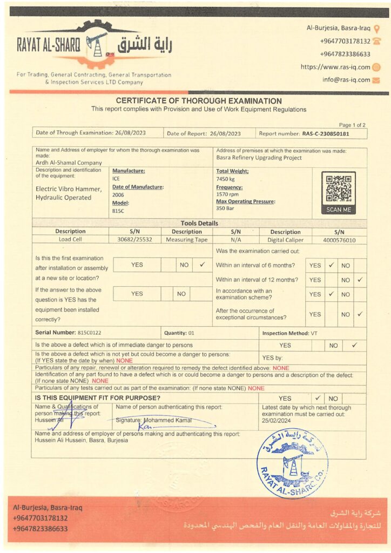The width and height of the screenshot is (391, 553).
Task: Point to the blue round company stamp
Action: pyautogui.click(x=292, y=463)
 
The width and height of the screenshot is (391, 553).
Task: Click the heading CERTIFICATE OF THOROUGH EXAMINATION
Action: pyautogui.click(x=199, y=101)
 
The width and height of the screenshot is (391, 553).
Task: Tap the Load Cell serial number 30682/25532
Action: pyautogui.click(x=134, y=240)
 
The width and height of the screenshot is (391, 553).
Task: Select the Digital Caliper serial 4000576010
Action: pyautogui.click(x=339, y=240)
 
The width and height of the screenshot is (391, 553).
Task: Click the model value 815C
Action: pyautogui.click(x=118, y=211)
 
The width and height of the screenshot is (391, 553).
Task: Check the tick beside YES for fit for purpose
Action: pyautogui.click(x=318, y=399)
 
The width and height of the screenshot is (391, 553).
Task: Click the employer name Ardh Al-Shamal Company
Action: pyautogui.click(x=69, y=163)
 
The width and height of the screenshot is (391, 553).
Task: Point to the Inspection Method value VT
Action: pyautogui.click(x=313, y=334)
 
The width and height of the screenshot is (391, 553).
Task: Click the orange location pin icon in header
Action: pyautogui.click(x=376, y=29)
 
